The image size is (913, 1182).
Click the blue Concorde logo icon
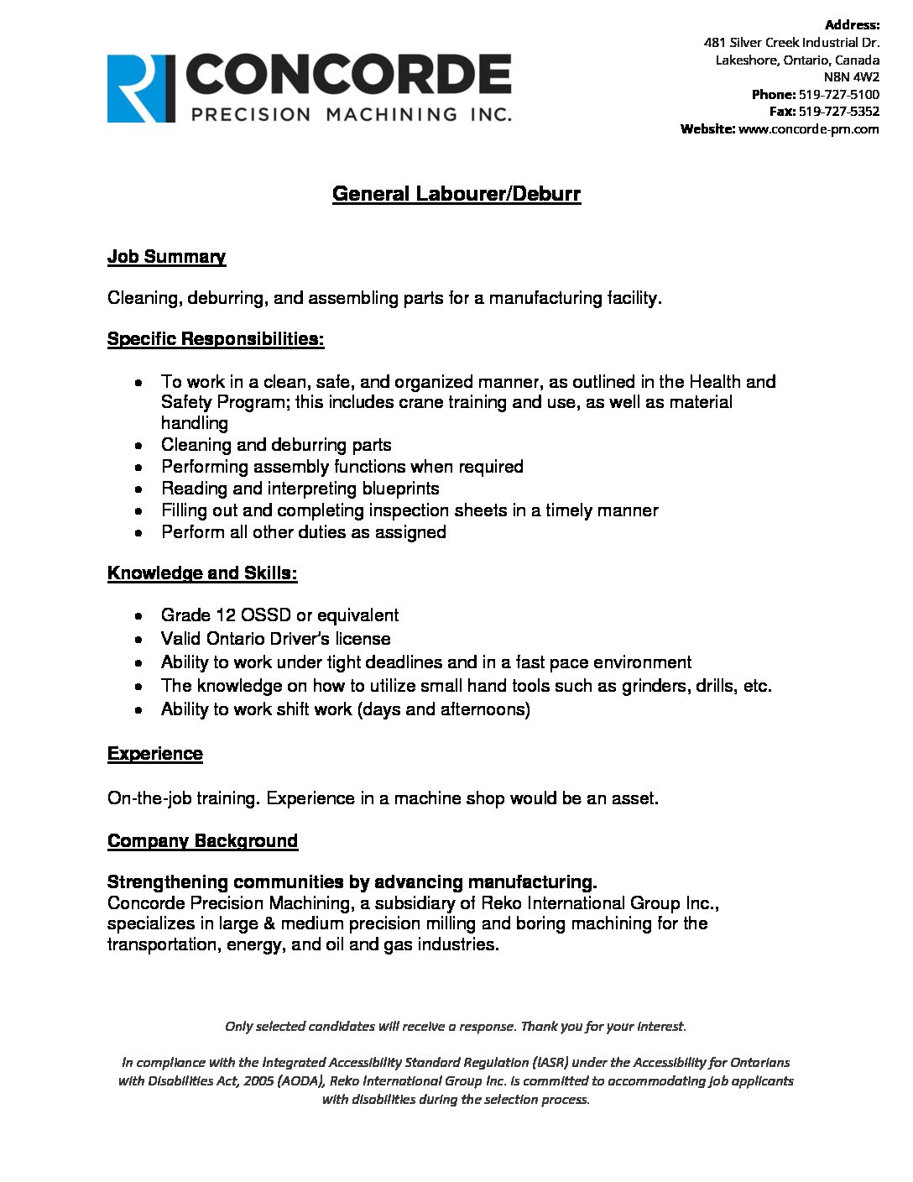pyautogui.click(x=141, y=89)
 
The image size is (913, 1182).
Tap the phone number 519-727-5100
pyautogui.click(x=838, y=94)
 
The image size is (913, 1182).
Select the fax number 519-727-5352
pyautogui.click(x=838, y=111)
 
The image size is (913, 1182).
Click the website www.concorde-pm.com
pyautogui.click(x=808, y=128)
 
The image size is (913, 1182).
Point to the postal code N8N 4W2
pyautogui.click(x=852, y=76)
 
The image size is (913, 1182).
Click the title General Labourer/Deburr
pyautogui.click(x=456, y=194)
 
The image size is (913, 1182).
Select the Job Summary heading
pyautogui.click(x=166, y=257)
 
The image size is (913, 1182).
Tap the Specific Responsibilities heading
pyautogui.click(x=216, y=339)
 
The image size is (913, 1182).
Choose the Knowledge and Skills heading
pyautogui.click(x=202, y=573)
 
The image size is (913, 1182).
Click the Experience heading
pyautogui.click(x=155, y=754)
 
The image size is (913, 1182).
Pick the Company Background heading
pyautogui.click(x=202, y=841)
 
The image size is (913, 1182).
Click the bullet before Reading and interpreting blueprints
pyautogui.click(x=139, y=489)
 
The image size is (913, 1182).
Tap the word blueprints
pyautogui.click(x=400, y=489)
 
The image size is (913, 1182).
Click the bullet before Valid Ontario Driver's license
pyautogui.click(x=139, y=639)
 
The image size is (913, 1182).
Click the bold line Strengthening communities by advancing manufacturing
pyautogui.click(x=352, y=882)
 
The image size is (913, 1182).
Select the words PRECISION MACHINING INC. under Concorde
pyautogui.click(x=352, y=114)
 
